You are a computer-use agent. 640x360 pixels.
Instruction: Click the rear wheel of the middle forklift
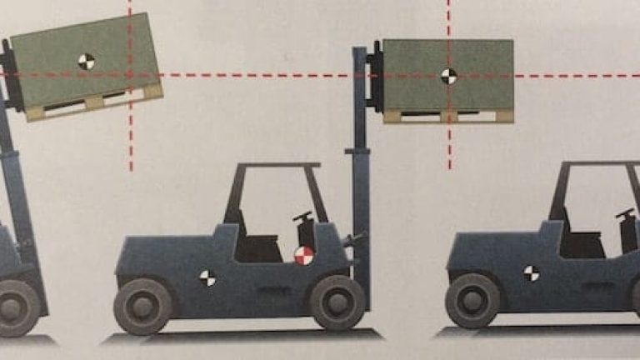pos(142,305)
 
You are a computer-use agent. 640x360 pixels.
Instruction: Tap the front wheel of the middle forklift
pos(337,302)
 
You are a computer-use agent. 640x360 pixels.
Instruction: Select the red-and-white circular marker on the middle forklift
pos(304,255)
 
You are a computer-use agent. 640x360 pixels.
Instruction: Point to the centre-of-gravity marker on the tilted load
pos(86,60)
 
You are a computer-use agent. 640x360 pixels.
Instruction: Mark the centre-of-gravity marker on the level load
pos(448,76)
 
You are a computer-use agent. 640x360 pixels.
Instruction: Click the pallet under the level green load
pos(447,117)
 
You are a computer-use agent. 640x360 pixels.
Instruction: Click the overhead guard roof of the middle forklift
pos(276,166)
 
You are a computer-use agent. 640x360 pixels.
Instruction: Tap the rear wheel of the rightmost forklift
pos(472,300)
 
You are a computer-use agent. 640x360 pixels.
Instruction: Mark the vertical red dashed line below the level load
pos(449,147)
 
